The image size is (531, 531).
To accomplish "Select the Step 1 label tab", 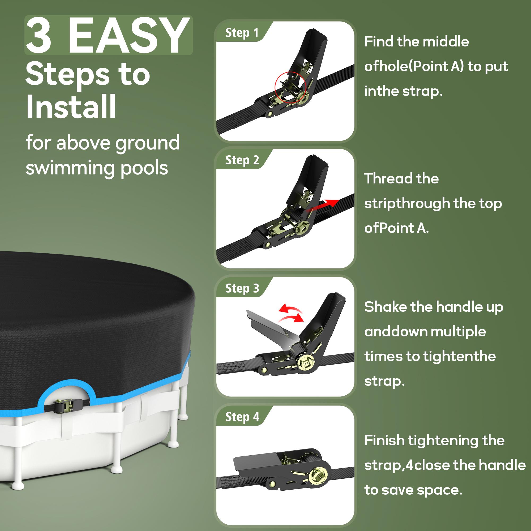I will pos(242,33).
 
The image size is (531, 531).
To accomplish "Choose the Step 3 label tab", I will pos(242,288).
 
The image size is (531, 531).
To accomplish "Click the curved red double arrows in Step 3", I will pos(291,313).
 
